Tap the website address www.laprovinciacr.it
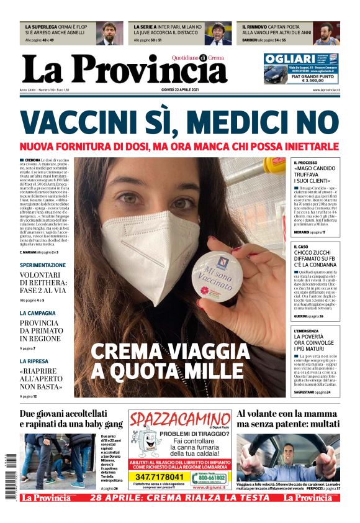323,91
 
